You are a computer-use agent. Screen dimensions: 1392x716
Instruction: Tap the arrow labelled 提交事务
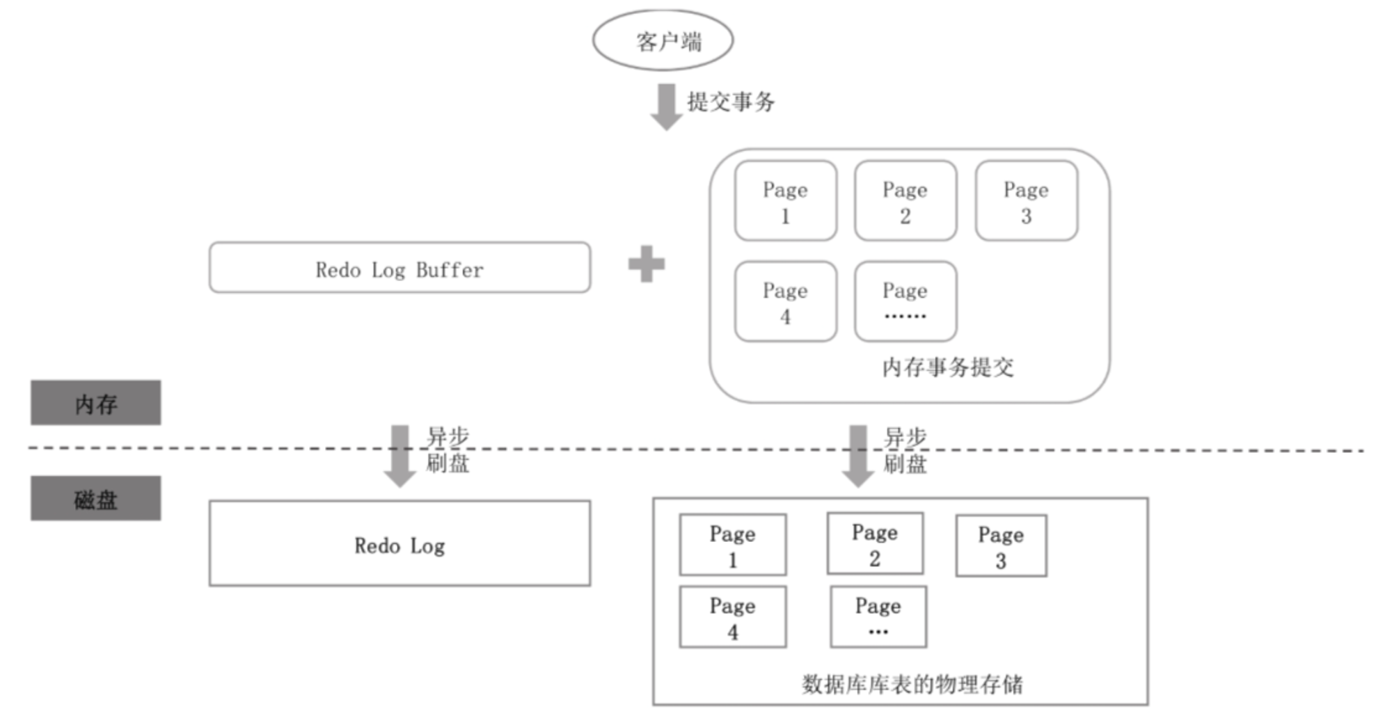[x=666, y=107]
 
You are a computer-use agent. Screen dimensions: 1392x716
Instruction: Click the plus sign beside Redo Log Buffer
[x=647, y=264]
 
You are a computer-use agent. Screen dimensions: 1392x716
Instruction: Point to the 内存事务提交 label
[x=948, y=367]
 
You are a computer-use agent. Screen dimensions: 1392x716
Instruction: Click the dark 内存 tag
[x=96, y=403]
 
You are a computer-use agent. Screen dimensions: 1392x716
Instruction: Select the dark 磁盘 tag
[x=96, y=498]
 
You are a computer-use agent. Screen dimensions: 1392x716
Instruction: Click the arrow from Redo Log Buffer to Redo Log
[x=400, y=456]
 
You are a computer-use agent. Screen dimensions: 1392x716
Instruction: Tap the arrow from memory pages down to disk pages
[x=858, y=456]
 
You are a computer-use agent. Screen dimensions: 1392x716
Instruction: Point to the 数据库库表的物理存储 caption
[x=912, y=684]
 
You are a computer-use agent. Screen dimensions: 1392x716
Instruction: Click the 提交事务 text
[x=731, y=102]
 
